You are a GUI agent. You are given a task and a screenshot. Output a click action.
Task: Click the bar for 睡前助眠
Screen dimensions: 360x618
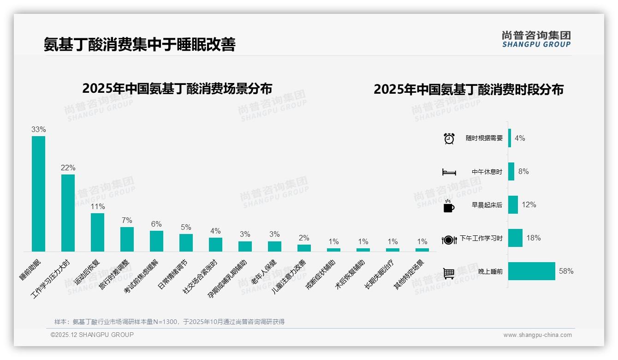pyautogui.click(x=38, y=193)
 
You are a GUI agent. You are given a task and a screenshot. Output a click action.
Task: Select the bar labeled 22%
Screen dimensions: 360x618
pyautogui.click(x=68, y=213)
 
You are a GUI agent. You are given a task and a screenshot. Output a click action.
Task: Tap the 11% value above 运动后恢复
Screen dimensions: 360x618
pyautogui.click(x=97, y=206)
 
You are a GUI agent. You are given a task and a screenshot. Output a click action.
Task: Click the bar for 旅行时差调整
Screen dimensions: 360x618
pyautogui.click(x=127, y=239)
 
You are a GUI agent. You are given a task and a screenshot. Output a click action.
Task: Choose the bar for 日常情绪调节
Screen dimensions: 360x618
pyautogui.click(x=186, y=242)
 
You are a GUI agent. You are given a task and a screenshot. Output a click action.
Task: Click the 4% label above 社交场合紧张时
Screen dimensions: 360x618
pyautogui.click(x=215, y=231)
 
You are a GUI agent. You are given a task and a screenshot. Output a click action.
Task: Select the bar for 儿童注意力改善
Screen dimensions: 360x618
pyautogui.click(x=304, y=247)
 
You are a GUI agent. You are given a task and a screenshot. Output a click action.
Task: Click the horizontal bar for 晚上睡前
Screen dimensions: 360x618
pyautogui.click(x=531, y=271)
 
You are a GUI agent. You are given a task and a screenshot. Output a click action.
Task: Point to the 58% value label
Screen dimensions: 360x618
pyautogui.click(x=566, y=271)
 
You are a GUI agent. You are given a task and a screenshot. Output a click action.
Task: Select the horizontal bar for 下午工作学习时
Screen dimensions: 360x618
pyautogui.click(x=515, y=238)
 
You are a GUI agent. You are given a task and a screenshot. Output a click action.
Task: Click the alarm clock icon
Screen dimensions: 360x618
pyautogui.click(x=449, y=138)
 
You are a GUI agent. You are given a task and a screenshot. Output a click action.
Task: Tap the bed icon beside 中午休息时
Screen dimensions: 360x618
pyautogui.click(x=449, y=172)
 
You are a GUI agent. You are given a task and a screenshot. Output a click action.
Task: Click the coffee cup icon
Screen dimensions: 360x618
pyautogui.click(x=448, y=206)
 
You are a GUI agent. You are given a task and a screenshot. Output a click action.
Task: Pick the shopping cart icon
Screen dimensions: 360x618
pyautogui.click(x=448, y=273)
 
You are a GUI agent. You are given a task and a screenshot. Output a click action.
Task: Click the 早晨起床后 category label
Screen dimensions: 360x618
pyautogui.click(x=487, y=205)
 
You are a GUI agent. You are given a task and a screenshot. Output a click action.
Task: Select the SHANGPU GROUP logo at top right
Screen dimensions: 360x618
pyautogui.click(x=536, y=39)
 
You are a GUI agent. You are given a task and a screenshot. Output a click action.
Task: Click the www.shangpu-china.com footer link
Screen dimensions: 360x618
pyautogui.click(x=537, y=335)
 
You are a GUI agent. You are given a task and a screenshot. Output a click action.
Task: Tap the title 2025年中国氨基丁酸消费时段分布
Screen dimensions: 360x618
pyautogui.click(x=468, y=89)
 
